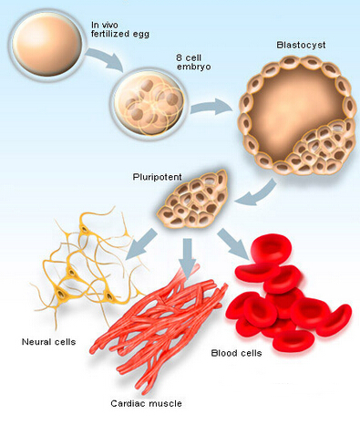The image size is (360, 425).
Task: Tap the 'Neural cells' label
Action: (47, 343)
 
